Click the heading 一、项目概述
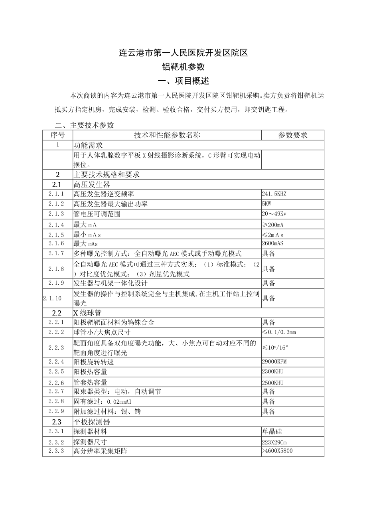tap(183, 81)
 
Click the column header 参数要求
tap(292, 135)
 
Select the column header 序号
tap(57, 135)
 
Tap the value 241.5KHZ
tap(274, 194)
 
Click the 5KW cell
tap(267, 204)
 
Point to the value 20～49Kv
tap(274, 214)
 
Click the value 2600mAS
tap(273, 243)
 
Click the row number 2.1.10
tap(53, 298)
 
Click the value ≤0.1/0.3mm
tap(279, 332)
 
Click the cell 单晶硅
tap(272, 431)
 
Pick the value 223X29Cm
tap(275, 442)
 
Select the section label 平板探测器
tap(91, 422)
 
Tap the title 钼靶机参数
tap(183, 67)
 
